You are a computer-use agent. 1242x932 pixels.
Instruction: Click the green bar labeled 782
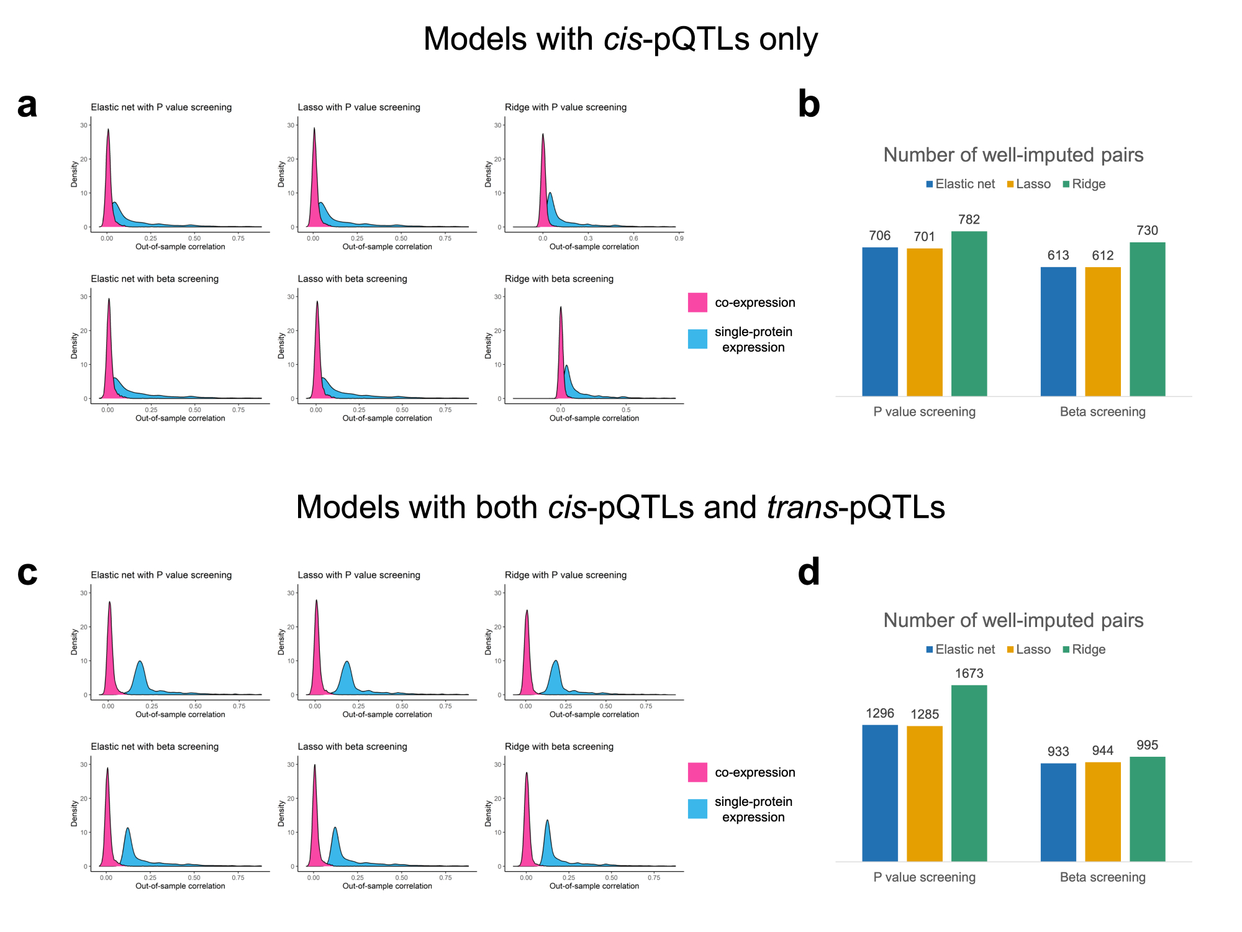pos(969,314)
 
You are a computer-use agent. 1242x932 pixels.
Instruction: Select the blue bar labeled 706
pos(879,322)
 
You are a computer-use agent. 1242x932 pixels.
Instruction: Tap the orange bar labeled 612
pos(1102,332)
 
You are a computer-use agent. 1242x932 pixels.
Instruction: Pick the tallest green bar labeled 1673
pos(969,773)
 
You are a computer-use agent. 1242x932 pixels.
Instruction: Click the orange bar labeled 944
pos(1102,811)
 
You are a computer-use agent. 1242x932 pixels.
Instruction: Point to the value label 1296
pos(879,713)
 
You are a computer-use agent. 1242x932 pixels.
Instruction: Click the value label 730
pos(1147,231)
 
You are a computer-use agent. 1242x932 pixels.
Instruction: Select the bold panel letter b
pos(809,104)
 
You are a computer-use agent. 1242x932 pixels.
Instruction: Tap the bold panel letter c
pos(27,572)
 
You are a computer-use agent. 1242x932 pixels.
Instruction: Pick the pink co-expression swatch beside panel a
pos(697,303)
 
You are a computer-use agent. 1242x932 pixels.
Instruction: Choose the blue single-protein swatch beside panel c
pos(697,809)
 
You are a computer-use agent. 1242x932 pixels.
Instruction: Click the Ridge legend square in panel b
pos(1066,185)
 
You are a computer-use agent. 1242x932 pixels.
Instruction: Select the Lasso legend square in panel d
pos(1010,650)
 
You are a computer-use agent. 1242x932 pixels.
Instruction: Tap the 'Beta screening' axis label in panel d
pos(1102,877)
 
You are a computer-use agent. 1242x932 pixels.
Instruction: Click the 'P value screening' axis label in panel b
pos(924,412)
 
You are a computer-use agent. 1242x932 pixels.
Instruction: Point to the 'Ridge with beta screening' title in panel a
pos(559,279)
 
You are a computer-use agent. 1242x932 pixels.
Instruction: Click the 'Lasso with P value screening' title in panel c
pos(359,575)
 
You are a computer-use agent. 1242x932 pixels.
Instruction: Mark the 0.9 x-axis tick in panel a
pos(679,239)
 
